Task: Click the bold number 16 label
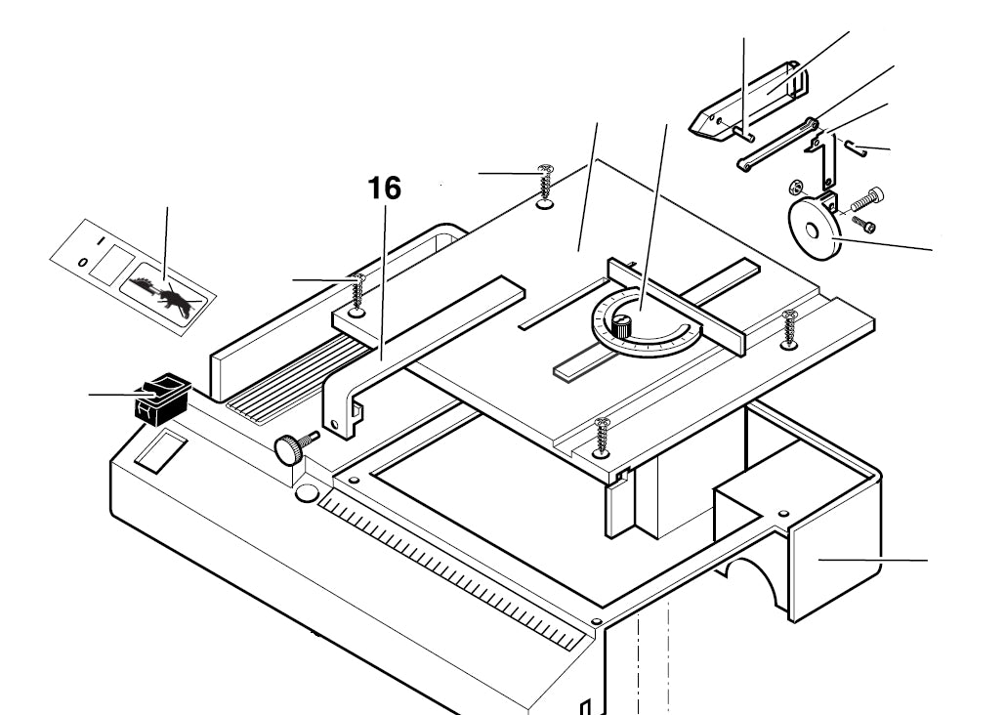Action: pos(385,189)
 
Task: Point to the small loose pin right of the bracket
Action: pos(858,148)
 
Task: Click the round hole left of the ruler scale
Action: pos(305,493)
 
